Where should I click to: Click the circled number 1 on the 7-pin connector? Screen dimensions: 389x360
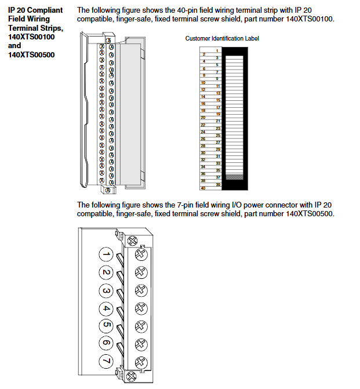tap(105, 255)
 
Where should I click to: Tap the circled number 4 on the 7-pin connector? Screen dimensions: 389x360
tap(105, 308)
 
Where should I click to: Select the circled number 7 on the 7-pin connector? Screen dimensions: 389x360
tap(105, 362)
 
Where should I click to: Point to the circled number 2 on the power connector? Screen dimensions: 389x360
tap(105, 272)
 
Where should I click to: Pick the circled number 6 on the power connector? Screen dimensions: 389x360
tap(105, 344)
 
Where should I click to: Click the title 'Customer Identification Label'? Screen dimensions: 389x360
tap(222, 38)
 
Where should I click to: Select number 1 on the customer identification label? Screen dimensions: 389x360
tap(216, 51)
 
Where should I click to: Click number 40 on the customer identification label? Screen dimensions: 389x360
tap(203, 188)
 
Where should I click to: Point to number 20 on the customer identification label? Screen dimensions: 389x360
tap(203, 117)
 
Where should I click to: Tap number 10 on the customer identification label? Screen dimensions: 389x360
tap(203, 82)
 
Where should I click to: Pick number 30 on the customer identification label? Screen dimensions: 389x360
tap(203, 152)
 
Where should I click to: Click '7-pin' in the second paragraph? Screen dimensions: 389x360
tap(170, 205)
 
